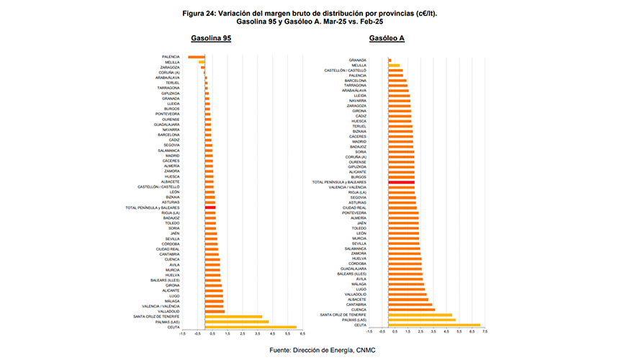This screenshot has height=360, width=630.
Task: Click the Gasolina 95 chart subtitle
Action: (x=211, y=38)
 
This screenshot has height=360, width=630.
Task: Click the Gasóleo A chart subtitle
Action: (x=387, y=38)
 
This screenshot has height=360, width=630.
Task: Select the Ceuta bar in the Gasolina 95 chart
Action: (x=251, y=327)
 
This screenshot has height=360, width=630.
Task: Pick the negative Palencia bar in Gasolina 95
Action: (x=197, y=56)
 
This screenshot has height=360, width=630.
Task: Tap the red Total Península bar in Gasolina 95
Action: (x=210, y=207)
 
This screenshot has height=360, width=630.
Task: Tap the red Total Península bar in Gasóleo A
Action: (x=401, y=182)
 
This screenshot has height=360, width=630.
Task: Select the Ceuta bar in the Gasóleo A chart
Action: (x=433, y=325)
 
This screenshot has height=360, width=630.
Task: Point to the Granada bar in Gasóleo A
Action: (x=390, y=60)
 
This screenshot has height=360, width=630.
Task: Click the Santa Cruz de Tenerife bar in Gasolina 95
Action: (x=233, y=316)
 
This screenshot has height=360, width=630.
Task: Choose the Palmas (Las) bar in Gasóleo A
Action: (x=421, y=320)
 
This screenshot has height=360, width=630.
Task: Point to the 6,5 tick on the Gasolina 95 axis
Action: (x=302, y=334)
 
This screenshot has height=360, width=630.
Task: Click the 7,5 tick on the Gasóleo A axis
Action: (x=485, y=332)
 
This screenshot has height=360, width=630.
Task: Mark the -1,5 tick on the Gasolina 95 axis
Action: (x=184, y=334)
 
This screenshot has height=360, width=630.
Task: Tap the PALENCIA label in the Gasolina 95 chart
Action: (x=171, y=56)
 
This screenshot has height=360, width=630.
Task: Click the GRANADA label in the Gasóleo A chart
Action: (x=357, y=60)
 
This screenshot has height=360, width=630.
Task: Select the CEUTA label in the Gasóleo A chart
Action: (x=360, y=325)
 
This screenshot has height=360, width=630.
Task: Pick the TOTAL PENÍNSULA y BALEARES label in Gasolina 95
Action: (x=153, y=207)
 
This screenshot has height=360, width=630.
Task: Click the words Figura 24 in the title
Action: (x=199, y=13)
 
